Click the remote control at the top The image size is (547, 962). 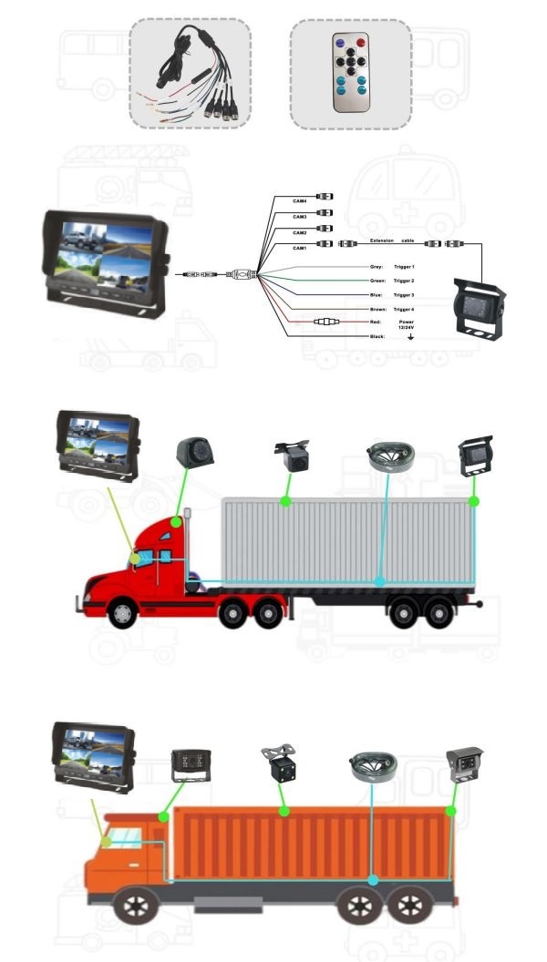click(x=350, y=74)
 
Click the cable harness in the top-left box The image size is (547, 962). click(x=191, y=74)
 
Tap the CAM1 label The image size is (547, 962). click(x=300, y=248)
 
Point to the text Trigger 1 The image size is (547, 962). click(x=405, y=265)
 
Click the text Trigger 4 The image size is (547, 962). click(x=405, y=311)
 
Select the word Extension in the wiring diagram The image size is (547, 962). click(x=381, y=240)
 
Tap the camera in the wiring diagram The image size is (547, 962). click(x=478, y=310)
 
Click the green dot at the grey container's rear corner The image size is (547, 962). click(x=474, y=501)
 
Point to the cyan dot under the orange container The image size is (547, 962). click(x=373, y=880)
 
